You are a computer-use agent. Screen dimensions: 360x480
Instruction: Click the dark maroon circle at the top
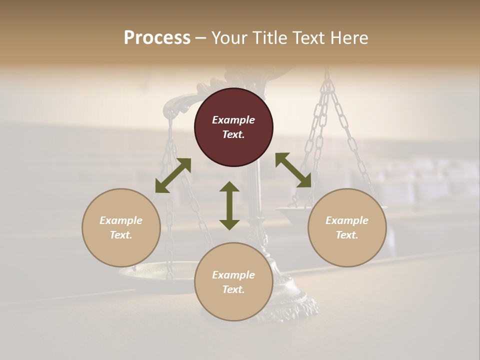coord(233,127)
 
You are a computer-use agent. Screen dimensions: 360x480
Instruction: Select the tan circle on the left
coord(121,227)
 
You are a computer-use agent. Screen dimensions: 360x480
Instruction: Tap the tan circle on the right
coord(347,227)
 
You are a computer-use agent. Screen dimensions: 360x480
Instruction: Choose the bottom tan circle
coord(233,281)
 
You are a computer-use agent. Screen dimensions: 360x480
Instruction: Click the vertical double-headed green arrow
coord(229,205)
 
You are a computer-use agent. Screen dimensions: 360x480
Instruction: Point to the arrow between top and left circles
coord(173,175)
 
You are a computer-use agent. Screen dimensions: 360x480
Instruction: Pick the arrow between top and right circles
coord(293,170)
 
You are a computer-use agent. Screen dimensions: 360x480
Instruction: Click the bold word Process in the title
coord(157,38)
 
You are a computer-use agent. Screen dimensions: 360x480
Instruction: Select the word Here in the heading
coord(349,38)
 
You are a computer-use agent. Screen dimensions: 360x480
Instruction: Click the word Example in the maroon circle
coord(233,120)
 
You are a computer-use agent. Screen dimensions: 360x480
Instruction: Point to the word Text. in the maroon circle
coord(233,134)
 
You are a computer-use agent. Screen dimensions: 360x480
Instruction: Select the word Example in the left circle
coord(121,220)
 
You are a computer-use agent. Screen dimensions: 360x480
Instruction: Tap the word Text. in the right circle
coord(347,235)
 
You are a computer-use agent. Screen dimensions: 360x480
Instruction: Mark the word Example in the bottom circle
coord(233,275)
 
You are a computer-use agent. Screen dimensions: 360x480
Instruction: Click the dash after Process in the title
coord(201,38)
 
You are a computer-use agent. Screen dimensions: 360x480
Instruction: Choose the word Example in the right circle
coord(347,220)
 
